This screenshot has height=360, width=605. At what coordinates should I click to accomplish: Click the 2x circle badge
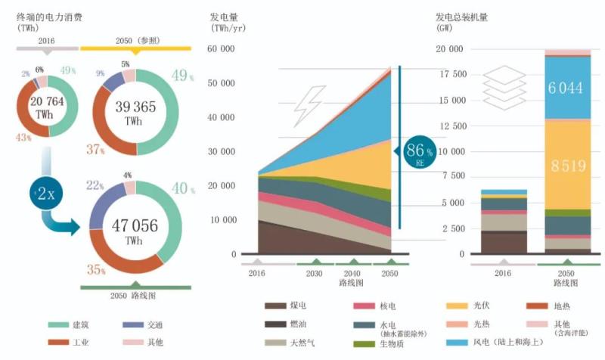45,194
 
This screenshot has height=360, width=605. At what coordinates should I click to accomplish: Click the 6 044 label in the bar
555,88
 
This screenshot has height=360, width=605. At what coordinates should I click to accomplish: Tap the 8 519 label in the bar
555,165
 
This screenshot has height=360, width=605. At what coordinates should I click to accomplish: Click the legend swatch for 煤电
275,306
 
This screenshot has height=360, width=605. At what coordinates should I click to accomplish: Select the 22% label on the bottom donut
95,185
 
